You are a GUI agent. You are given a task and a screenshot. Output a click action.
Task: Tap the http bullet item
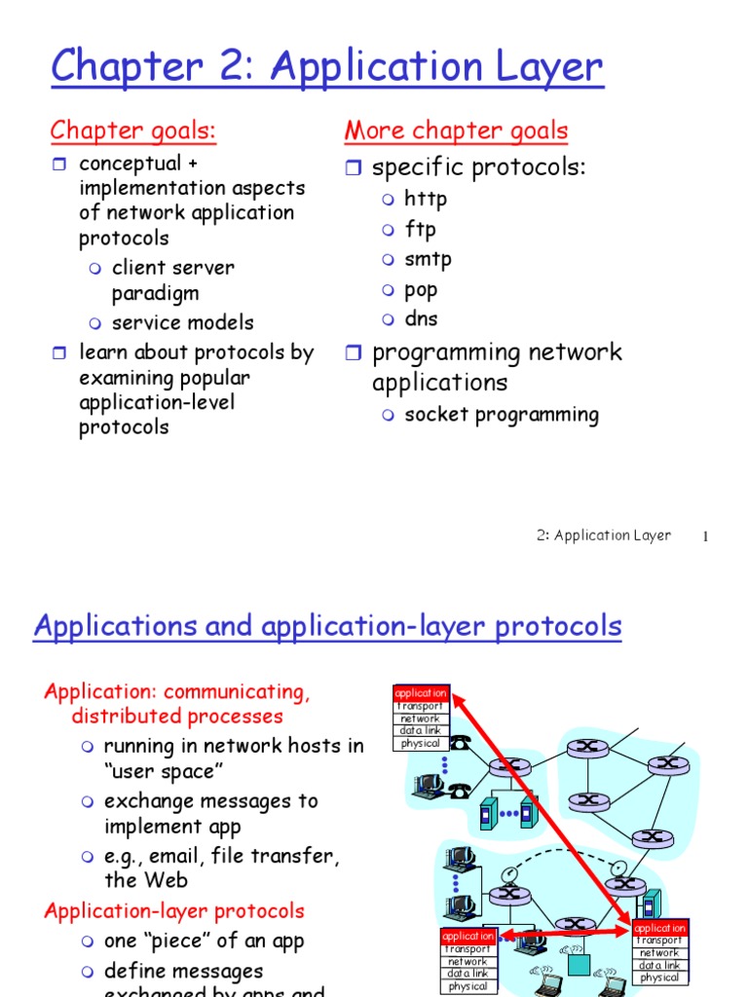[426, 200]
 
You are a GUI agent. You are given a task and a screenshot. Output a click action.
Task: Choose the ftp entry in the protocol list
[420, 230]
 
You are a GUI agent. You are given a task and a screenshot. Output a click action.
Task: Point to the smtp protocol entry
[428, 259]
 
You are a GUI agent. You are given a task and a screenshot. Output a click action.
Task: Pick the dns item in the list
[421, 318]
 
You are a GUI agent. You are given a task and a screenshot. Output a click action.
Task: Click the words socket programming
[502, 415]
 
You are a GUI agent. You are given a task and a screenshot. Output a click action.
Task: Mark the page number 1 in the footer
[704, 536]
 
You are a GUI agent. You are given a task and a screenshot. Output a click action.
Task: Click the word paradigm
[155, 293]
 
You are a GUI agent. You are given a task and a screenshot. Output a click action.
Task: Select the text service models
[182, 322]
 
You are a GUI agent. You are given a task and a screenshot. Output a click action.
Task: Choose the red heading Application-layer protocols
[174, 911]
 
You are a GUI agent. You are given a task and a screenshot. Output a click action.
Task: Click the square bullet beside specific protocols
[354, 168]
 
